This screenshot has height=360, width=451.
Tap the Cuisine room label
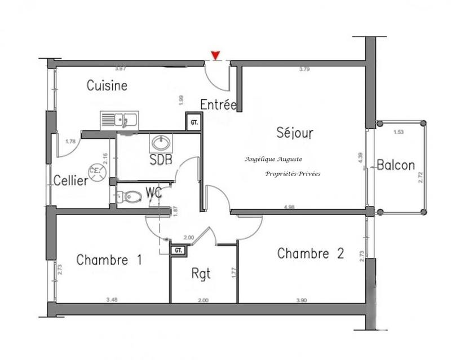pyautogui.click(x=107, y=86)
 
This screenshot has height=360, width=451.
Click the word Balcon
pyautogui.click(x=396, y=166)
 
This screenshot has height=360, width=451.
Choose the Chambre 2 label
pyautogui.click(x=311, y=254)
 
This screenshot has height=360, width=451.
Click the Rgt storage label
pyautogui.click(x=201, y=275)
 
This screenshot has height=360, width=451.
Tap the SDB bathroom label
pyautogui.click(x=161, y=159)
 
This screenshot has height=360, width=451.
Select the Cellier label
pyautogui.click(x=71, y=181)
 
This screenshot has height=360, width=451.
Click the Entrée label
pyautogui.click(x=218, y=105)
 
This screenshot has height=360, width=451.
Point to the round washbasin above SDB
pyautogui.click(x=158, y=141)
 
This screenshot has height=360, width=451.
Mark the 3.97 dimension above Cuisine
pyautogui.click(x=120, y=69)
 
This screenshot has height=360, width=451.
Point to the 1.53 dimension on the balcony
pyautogui.click(x=399, y=131)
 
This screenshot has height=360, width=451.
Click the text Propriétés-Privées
pyautogui.click(x=292, y=174)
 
